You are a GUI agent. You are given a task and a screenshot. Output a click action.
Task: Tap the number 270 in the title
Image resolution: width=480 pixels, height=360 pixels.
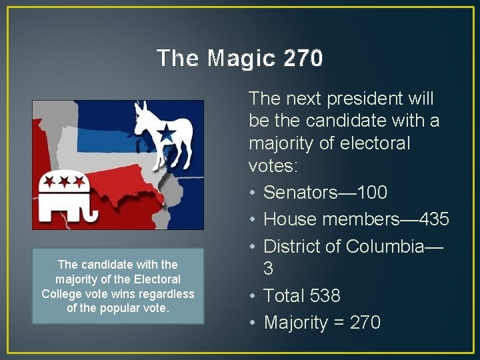tap(303, 59)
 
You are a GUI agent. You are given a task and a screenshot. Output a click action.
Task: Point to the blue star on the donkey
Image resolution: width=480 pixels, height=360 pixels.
tap(166, 134)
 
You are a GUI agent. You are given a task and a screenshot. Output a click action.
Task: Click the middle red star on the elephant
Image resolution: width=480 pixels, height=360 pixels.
tap(64, 180)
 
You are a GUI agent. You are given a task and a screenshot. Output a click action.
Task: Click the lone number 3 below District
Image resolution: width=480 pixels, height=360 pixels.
tap(269, 269)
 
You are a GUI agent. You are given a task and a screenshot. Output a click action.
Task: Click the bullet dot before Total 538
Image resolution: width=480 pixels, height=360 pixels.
tap(253, 296)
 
